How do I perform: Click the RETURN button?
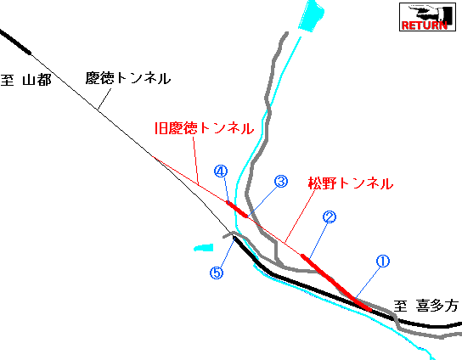tap(427, 17)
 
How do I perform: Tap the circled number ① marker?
tap(383, 262)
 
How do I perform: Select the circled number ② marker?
tap(330, 217)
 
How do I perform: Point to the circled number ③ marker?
tap(281, 182)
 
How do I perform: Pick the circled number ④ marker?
tap(221, 172)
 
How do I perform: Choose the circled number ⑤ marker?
tap(217, 273)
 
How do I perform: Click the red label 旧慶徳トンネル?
tap(204, 128)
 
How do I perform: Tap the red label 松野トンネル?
tap(351, 183)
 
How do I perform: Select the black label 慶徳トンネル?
tap(128, 78)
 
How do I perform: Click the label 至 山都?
tap(26, 80)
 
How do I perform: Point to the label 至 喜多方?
tap(426, 306)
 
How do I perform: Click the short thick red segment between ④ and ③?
tap(237, 210)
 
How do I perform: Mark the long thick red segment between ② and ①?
tap(336, 282)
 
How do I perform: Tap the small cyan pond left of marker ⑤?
tap(204, 248)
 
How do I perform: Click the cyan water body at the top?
tap(311, 15)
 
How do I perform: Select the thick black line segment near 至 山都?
tap(15, 42)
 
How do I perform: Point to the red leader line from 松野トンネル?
tap(301, 217)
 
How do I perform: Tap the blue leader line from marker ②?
tap(318, 239)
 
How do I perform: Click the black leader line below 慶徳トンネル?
tap(104, 98)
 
